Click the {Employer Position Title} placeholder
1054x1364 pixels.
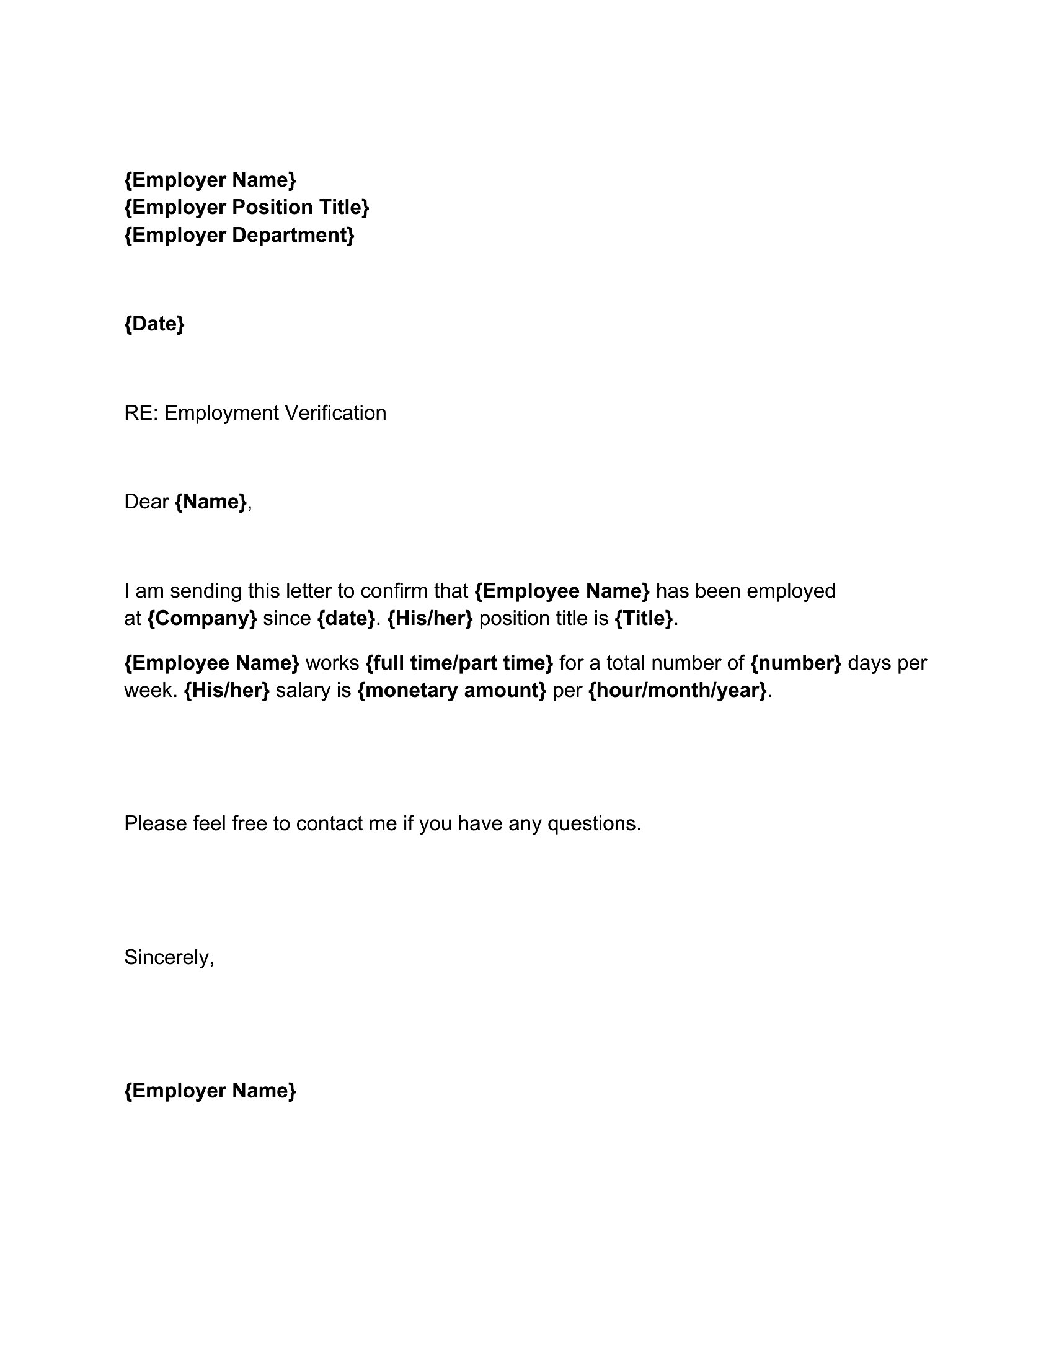[x=247, y=207]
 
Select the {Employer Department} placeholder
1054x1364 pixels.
[x=239, y=235]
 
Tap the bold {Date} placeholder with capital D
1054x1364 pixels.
[x=154, y=324]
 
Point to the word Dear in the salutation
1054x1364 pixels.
[x=146, y=502]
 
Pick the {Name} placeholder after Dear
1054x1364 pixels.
[x=211, y=502]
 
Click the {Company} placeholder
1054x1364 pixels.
[x=202, y=618]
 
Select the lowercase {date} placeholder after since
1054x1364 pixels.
[x=347, y=618]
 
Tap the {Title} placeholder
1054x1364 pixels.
[x=644, y=618]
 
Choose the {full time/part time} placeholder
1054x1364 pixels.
[x=459, y=663]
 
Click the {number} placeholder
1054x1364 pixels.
[x=795, y=663]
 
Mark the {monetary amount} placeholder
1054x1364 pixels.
[x=452, y=690]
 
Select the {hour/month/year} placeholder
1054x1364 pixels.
[x=678, y=690]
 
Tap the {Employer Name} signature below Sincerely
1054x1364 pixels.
[x=210, y=1091]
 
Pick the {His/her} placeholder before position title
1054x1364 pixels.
[x=430, y=618]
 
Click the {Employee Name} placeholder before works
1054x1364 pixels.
[x=211, y=663]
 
